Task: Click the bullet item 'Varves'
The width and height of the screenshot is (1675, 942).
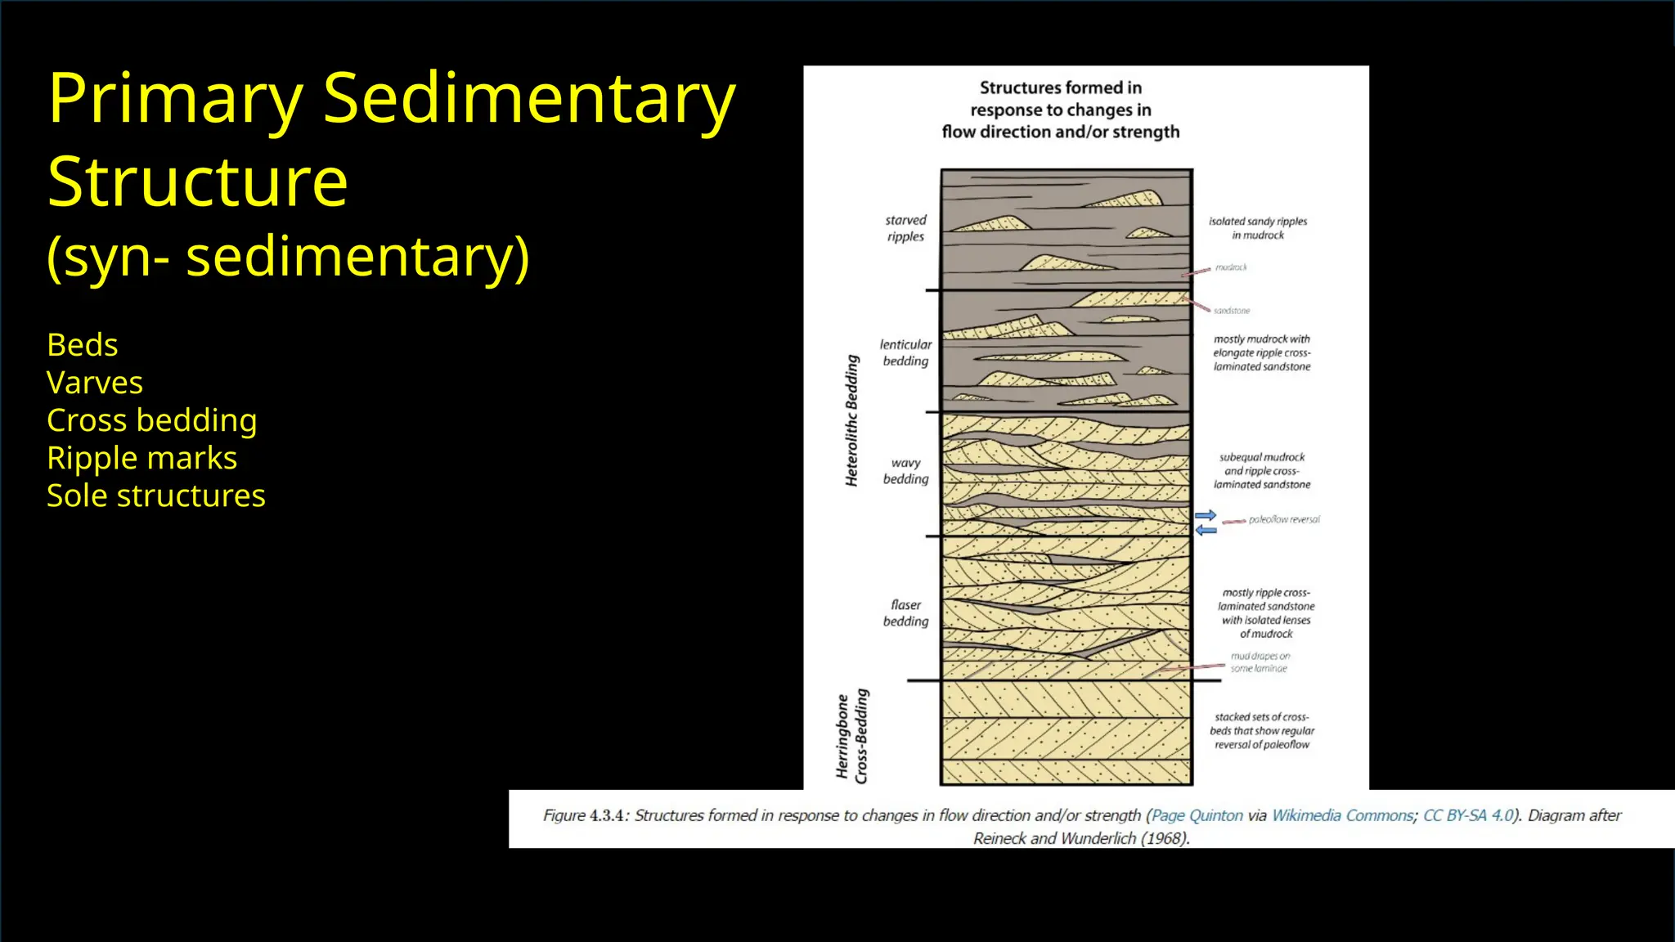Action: coord(95,383)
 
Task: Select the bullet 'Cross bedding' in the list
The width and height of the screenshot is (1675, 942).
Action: coord(152,420)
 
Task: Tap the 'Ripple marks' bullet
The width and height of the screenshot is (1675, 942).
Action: coord(141,458)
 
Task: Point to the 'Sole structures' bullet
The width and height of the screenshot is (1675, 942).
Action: coord(156,496)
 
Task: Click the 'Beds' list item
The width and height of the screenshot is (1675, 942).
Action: coord(83,345)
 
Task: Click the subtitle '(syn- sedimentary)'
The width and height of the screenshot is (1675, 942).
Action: coord(288,257)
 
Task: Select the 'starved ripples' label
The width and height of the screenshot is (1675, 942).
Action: coord(905,228)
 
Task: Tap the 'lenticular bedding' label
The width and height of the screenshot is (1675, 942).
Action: coord(905,352)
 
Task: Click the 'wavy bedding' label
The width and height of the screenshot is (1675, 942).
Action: coord(905,471)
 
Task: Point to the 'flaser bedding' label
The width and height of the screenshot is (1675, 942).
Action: coord(905,613)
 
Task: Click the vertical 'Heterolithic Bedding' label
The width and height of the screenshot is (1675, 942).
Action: coord(852,421)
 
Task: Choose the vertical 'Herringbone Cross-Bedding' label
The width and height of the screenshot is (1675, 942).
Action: coord(851,737)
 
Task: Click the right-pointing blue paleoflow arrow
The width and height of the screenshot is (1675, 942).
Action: coord(1206,515)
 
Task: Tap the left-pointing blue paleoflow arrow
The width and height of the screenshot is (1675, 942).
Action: coord(1206,531)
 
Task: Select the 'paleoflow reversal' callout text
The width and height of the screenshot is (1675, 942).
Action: coord(1283,519)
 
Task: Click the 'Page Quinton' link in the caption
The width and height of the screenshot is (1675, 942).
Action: coord(1197,815)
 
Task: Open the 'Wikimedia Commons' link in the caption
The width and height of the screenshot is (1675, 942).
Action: coord(1342,815)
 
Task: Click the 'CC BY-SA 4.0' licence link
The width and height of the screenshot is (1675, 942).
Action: coord(1468,815)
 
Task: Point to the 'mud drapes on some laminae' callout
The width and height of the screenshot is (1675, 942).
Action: coord(1260,662)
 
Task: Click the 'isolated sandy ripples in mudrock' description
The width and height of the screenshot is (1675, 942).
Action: coord(1258,228)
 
